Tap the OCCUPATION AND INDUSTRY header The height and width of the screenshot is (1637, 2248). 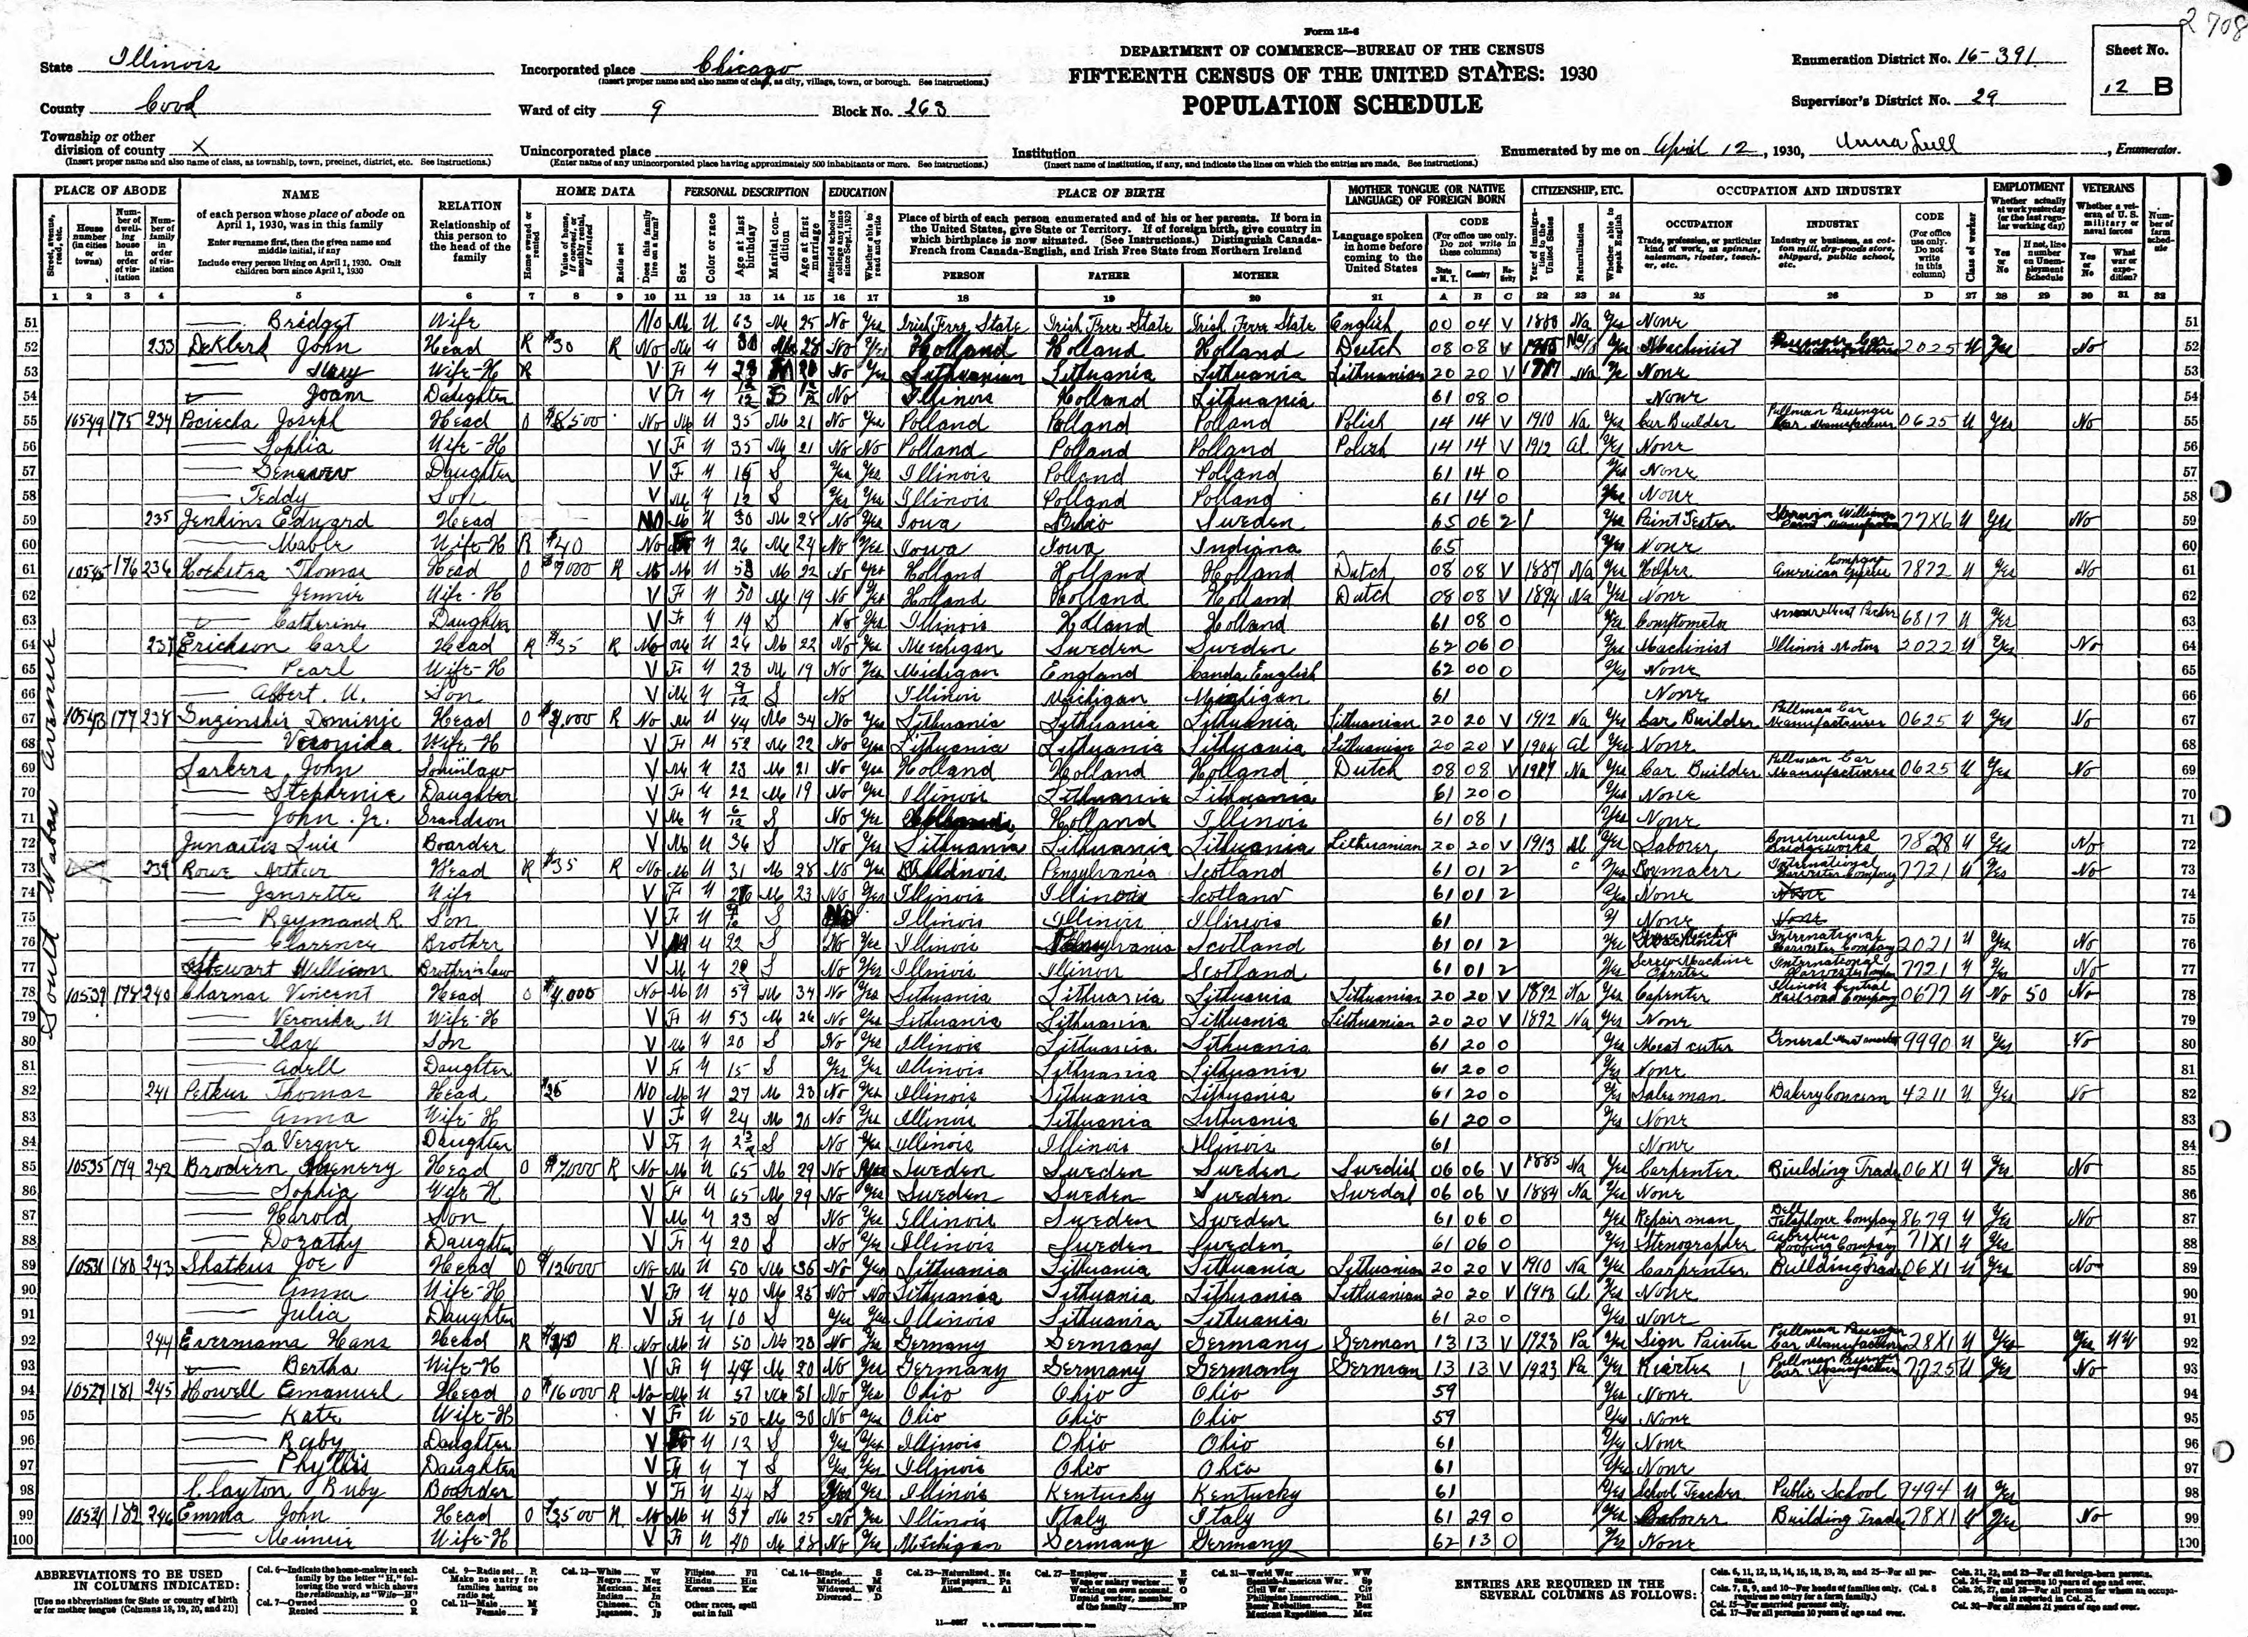pos(1808,190)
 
